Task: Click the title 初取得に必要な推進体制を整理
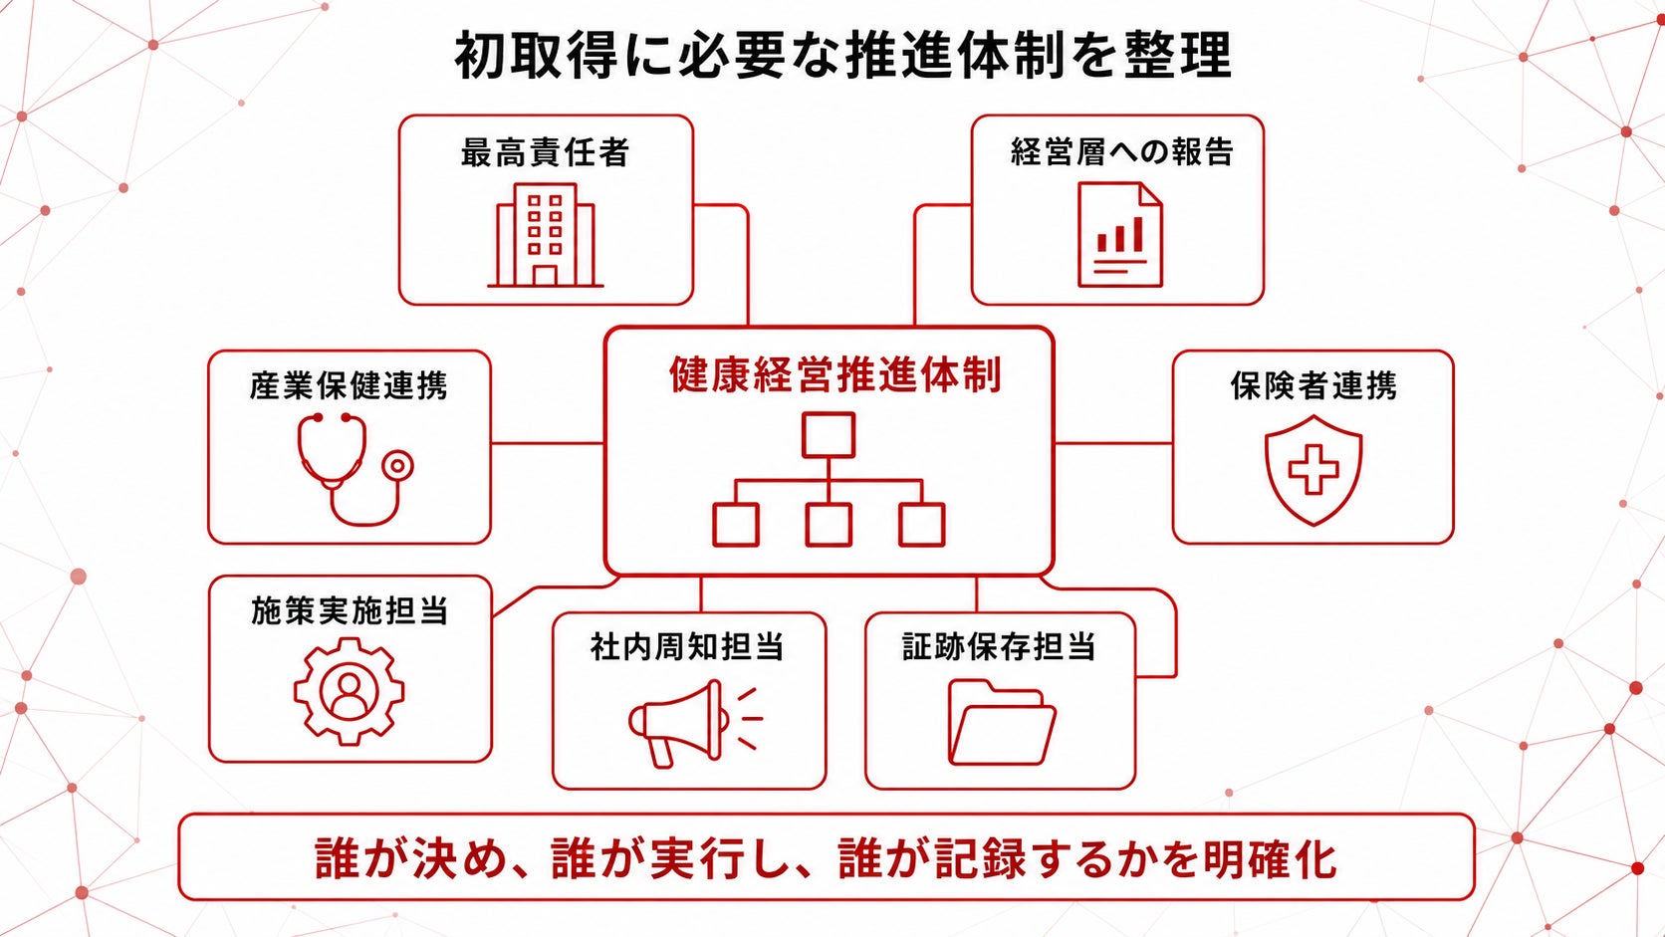pyautogui.click(x=842, y=56)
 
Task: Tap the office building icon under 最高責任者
pyautogui.click(x=546, y=236)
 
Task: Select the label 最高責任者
pyautogui.click(x=546, y=153)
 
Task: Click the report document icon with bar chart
pyautogui.click(x=1120, y=235)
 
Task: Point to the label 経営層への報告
pyautogui.click(x=1121, y=152)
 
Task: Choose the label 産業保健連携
pyautogui.click(x=349, y=386)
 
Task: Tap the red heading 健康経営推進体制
pyautogui.click(x=835, y=374)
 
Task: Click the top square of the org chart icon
pyautogui.click(x=829, y=435)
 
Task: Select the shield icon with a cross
pyautogui.click(x=1313, y=470)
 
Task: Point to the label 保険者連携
pyautogui.click(x=1313, y=386)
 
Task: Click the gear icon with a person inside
pyautogui.click(x=350, y=691)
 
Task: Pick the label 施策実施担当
pyautogui.click(x=350, y=611)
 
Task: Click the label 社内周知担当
pyautogui.click(x=687, y=647)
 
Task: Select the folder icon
pyautogui.click(x=1002, y=722)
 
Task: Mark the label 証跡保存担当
pyautogui.click(x=999, y=647)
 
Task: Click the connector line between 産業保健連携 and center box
pyautogui.click(x=548, y=444)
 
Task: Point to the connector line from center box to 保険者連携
pyautogui.click(x=1113, y=444)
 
